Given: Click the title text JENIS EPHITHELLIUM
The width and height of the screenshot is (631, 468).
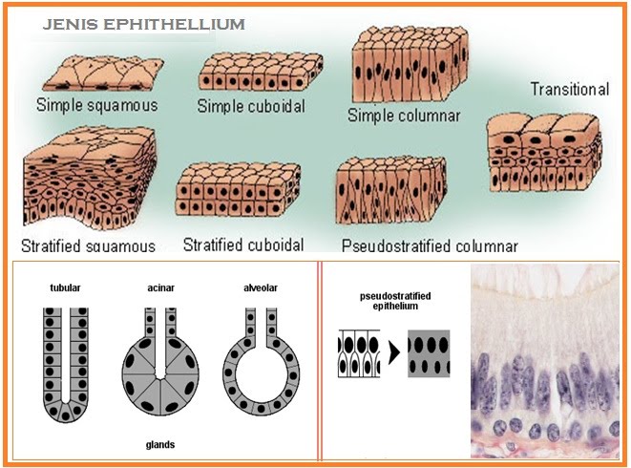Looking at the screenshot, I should click(x=143, y=22).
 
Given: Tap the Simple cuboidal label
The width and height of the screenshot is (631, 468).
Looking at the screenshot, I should click(x=251, y=106).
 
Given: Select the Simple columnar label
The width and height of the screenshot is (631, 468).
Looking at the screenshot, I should click(x=404, y=116).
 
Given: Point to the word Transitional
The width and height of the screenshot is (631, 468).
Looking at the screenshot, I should click(x=569, y=90).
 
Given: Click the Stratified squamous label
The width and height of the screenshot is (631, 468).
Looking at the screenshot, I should click(x=88, y=245).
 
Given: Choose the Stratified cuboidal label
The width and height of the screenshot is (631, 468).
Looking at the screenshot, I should click(x=243, y=244).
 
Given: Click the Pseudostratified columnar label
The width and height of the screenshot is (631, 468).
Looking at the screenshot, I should click(x=429, y=245).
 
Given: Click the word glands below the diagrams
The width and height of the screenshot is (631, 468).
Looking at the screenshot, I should click(x=159, y=445).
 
